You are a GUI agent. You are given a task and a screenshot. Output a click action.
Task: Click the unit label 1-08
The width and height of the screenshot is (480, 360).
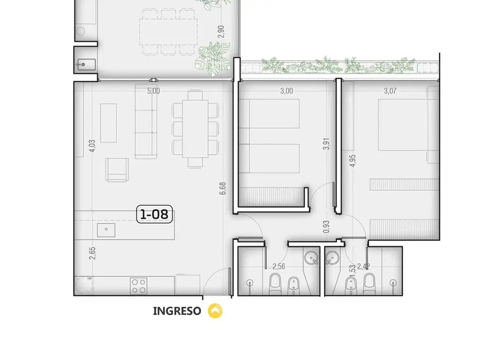[x=154, y=214]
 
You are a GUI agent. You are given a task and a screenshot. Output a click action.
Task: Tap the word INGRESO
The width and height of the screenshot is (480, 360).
[x=177, y=311]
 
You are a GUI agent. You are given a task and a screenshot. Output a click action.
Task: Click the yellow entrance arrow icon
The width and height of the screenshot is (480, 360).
[x=215, y=311]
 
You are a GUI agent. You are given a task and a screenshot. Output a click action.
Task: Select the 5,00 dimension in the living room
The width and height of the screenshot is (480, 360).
[x=154, y=91]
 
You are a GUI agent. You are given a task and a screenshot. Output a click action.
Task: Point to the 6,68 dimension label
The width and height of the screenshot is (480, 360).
[x=223, y=188]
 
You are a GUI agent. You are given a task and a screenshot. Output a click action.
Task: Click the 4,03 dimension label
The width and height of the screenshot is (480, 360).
[x=92, y=146]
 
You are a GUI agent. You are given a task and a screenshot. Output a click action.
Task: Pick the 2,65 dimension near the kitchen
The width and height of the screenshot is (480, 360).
[x=92, y=254]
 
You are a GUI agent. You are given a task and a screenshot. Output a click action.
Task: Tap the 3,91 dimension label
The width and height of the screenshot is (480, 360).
[x=327, y=144]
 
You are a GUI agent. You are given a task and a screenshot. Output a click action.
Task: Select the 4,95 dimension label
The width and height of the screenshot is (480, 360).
[x=352, y=161]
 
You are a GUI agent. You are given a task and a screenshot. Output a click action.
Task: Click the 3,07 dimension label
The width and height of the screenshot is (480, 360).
[x=390, y=91]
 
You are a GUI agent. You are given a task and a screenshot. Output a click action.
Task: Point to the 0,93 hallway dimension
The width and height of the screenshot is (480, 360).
[x=327, y=227]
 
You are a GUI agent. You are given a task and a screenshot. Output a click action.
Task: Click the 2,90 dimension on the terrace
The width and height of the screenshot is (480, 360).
[x=221, y=32]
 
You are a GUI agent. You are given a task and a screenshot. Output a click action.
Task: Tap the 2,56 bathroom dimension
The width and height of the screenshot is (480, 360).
[x=279, y=267]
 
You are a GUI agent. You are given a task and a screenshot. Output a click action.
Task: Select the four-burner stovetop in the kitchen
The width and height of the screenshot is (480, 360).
[x=138, y=286]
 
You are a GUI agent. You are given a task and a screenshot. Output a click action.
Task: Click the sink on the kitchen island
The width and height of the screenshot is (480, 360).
[x=106, y=230]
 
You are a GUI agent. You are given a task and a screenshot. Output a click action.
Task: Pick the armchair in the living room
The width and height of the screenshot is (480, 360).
[x=117, y=170]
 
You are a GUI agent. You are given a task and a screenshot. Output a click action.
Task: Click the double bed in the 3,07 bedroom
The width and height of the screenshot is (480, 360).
[x=403, y=125]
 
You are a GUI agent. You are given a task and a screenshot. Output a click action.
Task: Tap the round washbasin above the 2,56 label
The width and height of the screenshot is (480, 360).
[x=312, y=258]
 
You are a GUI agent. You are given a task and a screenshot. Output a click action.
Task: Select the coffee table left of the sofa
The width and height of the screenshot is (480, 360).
[x=108, y=123]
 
